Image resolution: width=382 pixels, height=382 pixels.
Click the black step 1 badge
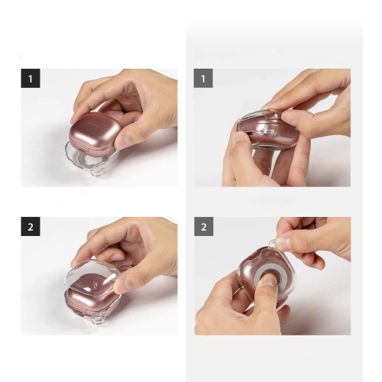(30, 78)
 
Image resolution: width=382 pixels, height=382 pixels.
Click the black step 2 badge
(30, 226)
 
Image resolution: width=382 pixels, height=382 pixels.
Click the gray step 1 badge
(203, 78)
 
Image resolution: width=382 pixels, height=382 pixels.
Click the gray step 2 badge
(203, 226)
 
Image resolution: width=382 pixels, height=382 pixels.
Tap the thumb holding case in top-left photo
(126, 130)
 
